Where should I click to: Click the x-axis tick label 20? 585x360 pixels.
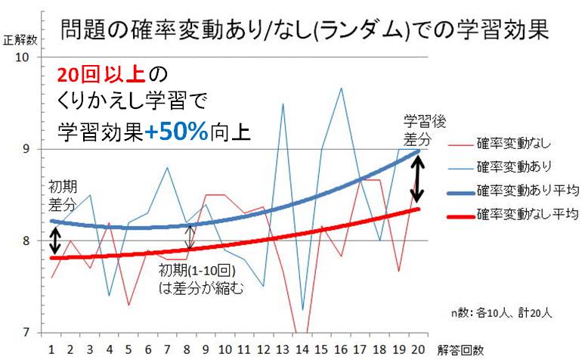point(418,350)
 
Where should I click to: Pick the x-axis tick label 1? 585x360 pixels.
point(51,350)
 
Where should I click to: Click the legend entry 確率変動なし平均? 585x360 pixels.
point(525,214)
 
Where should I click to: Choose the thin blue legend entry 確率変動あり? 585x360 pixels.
point(515,165)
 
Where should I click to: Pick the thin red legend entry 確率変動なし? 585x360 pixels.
point(515,141)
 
